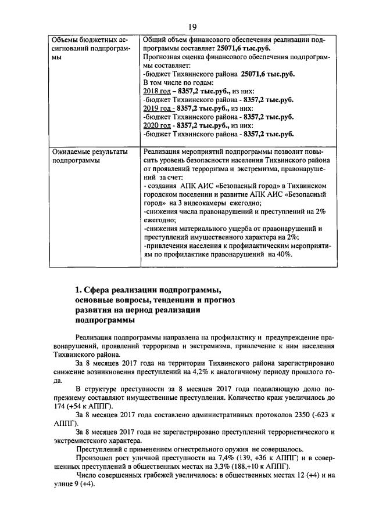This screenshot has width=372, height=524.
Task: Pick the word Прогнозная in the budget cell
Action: pos(161,57)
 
